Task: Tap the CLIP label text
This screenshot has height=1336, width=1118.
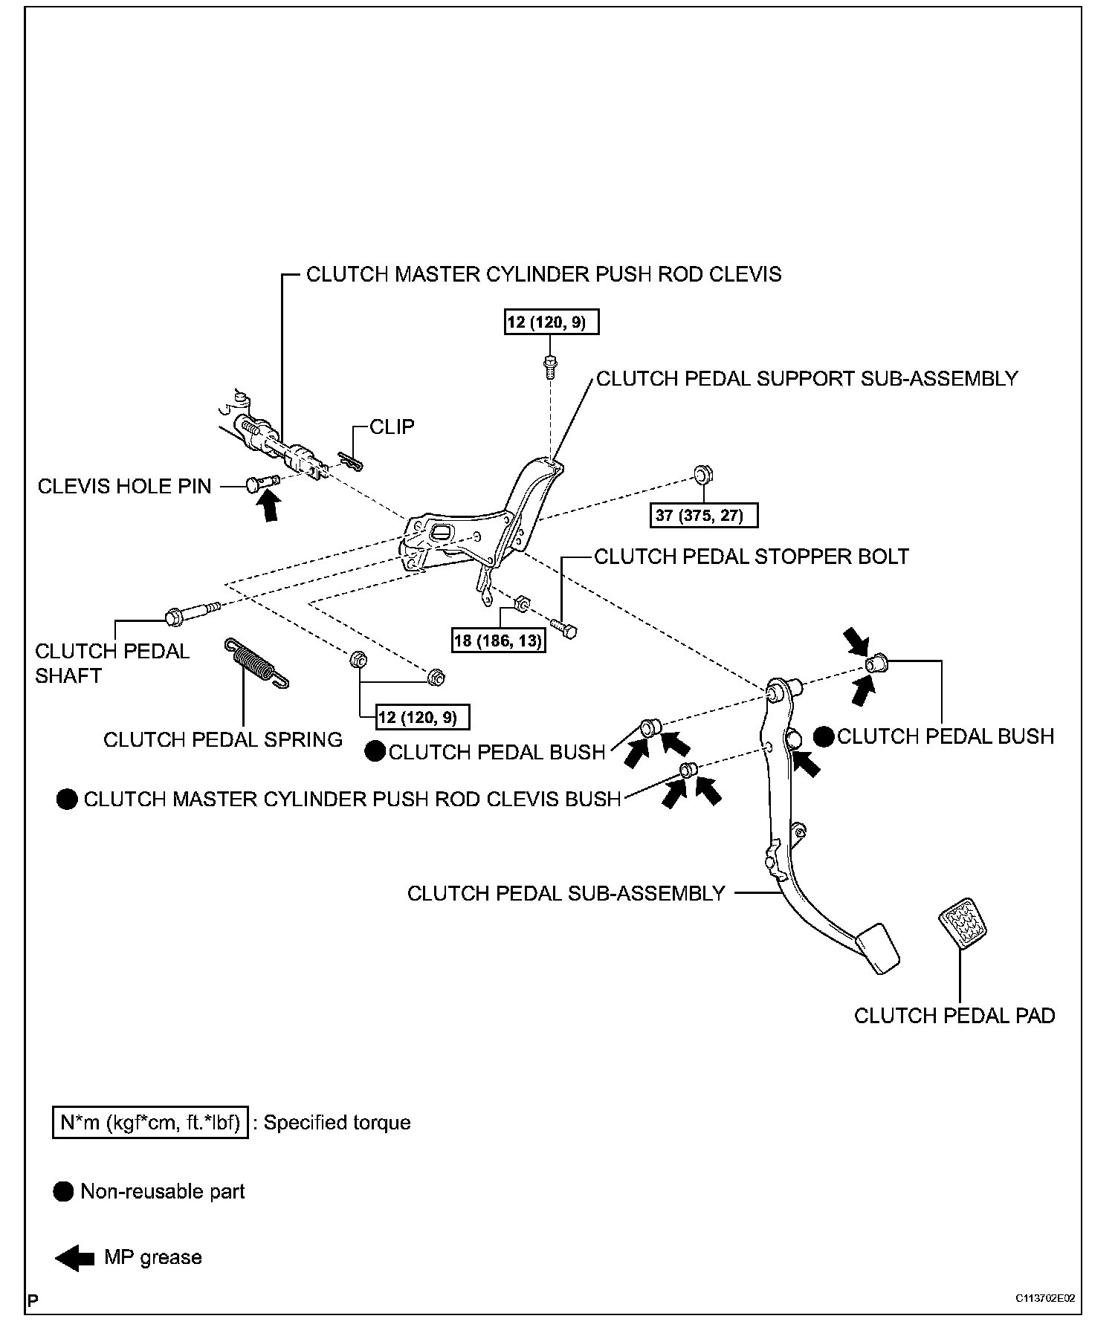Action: [392, 427]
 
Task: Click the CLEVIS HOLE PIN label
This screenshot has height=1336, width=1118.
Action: [124, 487]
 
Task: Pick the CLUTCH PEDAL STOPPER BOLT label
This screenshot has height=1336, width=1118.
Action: [752, 557]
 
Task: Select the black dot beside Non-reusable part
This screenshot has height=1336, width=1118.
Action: [65, 1191]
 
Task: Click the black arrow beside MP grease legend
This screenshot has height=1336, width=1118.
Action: [74, 1258]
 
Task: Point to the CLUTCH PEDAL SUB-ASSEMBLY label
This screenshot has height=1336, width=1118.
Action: [566, 893]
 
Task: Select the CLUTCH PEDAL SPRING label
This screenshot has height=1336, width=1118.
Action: [223, 739]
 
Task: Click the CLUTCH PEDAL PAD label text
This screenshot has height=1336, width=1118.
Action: [954, 1016]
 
